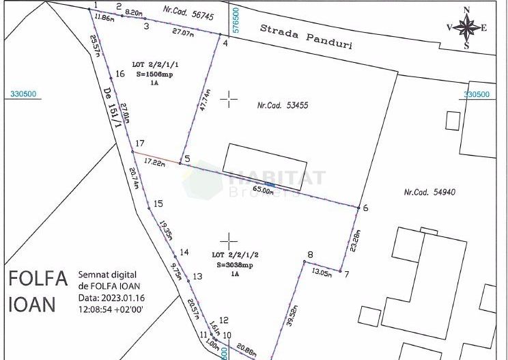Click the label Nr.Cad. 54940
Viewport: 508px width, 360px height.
click(429, 192)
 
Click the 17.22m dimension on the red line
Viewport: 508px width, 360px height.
click(156, 163)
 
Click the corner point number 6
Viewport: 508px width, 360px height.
click(365, 208)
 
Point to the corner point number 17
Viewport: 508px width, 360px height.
click(140, 143)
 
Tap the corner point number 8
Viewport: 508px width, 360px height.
click(310, 255)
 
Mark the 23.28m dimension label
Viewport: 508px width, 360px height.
click(353, 241)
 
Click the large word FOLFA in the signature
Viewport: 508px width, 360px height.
click(38, 279)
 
